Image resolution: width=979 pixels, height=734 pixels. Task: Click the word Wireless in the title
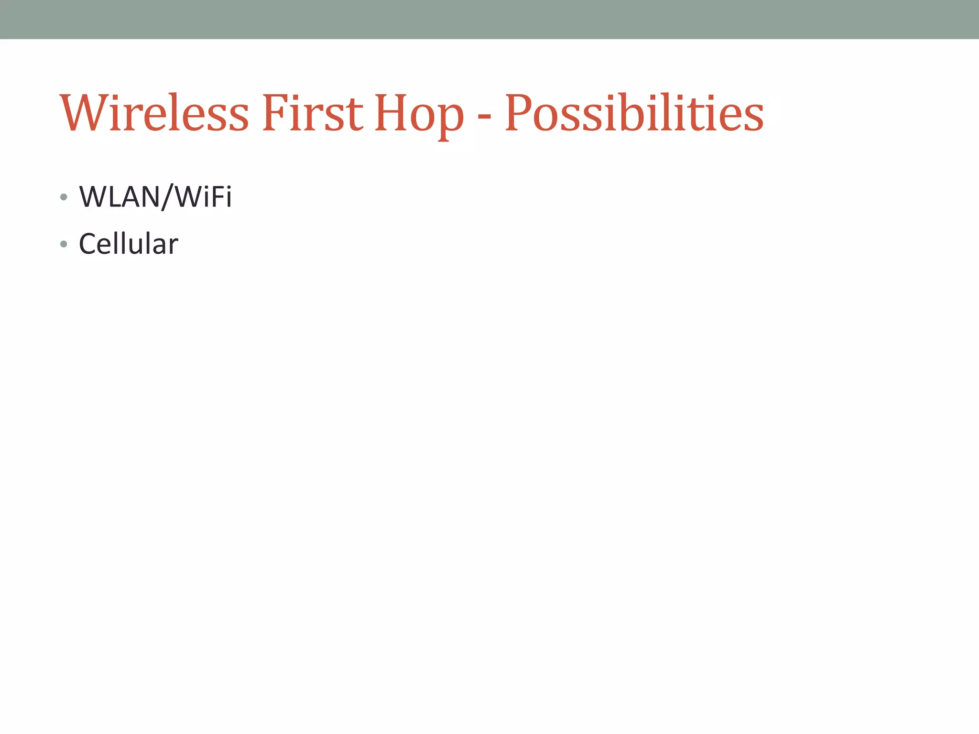click(x=154, y=113)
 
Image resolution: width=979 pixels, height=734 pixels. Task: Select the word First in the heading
click(x=313, y=113)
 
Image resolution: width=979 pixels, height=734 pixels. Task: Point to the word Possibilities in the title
click(x=634, y=113)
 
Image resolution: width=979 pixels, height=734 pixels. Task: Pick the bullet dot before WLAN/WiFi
click(x=64, y=197)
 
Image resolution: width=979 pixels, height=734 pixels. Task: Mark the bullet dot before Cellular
click(x=64, y=244)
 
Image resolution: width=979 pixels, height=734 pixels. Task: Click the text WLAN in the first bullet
click(x=120, y=196)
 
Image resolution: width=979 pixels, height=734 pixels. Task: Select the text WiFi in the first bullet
click(x=204, y=196)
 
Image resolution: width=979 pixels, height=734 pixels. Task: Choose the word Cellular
click(x=128, y=244)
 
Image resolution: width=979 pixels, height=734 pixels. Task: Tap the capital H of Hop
click(x=390, y=113)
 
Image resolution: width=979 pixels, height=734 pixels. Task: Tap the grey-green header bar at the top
click(x=489, y=19)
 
